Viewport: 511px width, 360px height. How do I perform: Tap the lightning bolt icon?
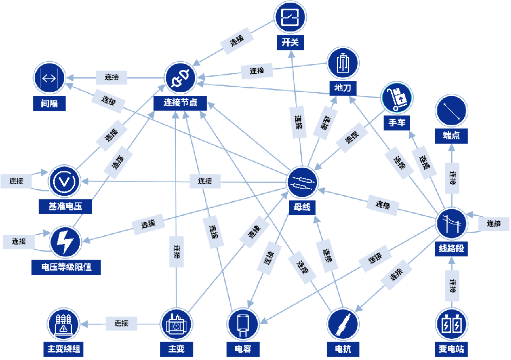click(x=65, y=242)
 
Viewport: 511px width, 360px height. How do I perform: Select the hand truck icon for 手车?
click(x=397, y=99)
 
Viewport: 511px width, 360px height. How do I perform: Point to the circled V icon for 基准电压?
click(x=64, y=181)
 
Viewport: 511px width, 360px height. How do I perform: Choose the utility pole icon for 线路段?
click(x=452, y=223)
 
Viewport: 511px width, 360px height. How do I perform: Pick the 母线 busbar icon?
click(x=302, y=182)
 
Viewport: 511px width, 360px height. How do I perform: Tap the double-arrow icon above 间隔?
click(x=49, y=78)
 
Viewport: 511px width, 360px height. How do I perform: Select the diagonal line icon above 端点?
click(x=451, y=111)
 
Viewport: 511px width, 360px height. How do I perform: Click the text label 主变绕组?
click(x=63, y=349)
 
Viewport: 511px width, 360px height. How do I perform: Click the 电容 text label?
click(x=243, y=349)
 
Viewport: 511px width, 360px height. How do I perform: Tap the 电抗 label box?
click(x=343, y=349)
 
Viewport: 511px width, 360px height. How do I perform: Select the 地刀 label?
click(x=342, y=88)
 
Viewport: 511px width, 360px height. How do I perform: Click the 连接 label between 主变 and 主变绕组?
click(x=121, y=324)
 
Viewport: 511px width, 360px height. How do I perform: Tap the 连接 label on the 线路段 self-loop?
click(x=493, y=223)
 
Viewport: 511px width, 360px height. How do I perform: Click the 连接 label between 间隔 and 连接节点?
click(x=111, y=78)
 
